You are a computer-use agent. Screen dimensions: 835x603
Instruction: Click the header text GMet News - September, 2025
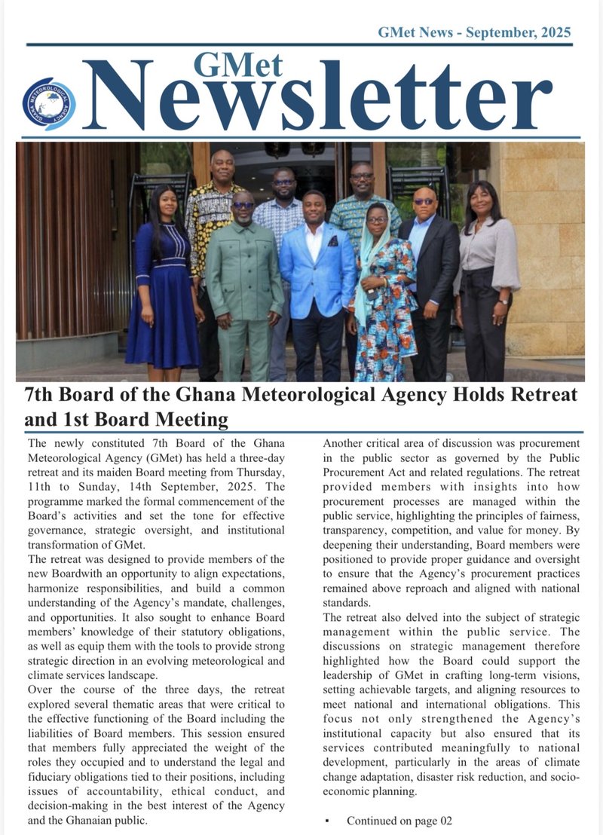(474, 32)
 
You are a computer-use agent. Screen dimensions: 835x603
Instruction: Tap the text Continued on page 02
(399, 820)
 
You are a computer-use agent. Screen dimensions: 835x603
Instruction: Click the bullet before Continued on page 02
(327, 820)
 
